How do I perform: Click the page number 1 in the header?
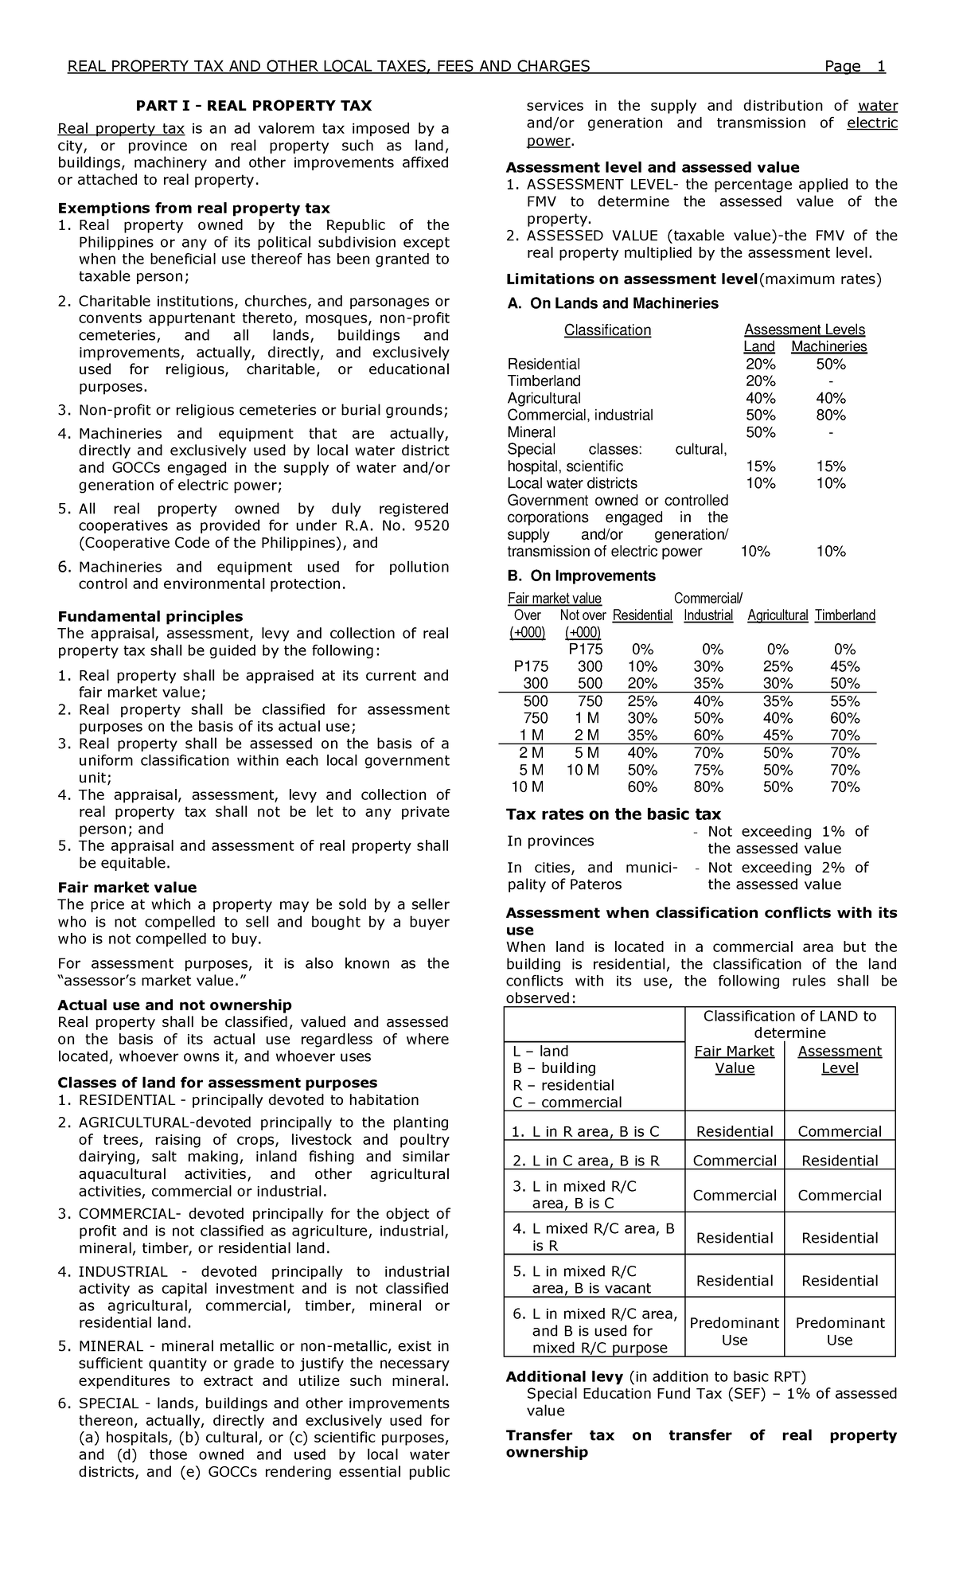pos(880,66)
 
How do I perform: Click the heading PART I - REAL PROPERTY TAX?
pos(253,106)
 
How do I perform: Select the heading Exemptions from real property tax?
pos(193,209)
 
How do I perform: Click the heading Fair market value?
pos(127,888)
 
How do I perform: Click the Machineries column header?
pos(828,347)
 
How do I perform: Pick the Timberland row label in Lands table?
pos(544,381)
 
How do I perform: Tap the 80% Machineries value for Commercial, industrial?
pos(831,416)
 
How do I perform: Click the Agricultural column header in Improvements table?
pos(778,615)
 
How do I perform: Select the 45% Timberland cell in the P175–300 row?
pos(844,667)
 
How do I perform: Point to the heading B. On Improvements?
pos(581,576)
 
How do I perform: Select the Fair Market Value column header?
pos(734,1060)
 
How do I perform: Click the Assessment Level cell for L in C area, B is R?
pos(840,1161)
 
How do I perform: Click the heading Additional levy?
pos(566,1376)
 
